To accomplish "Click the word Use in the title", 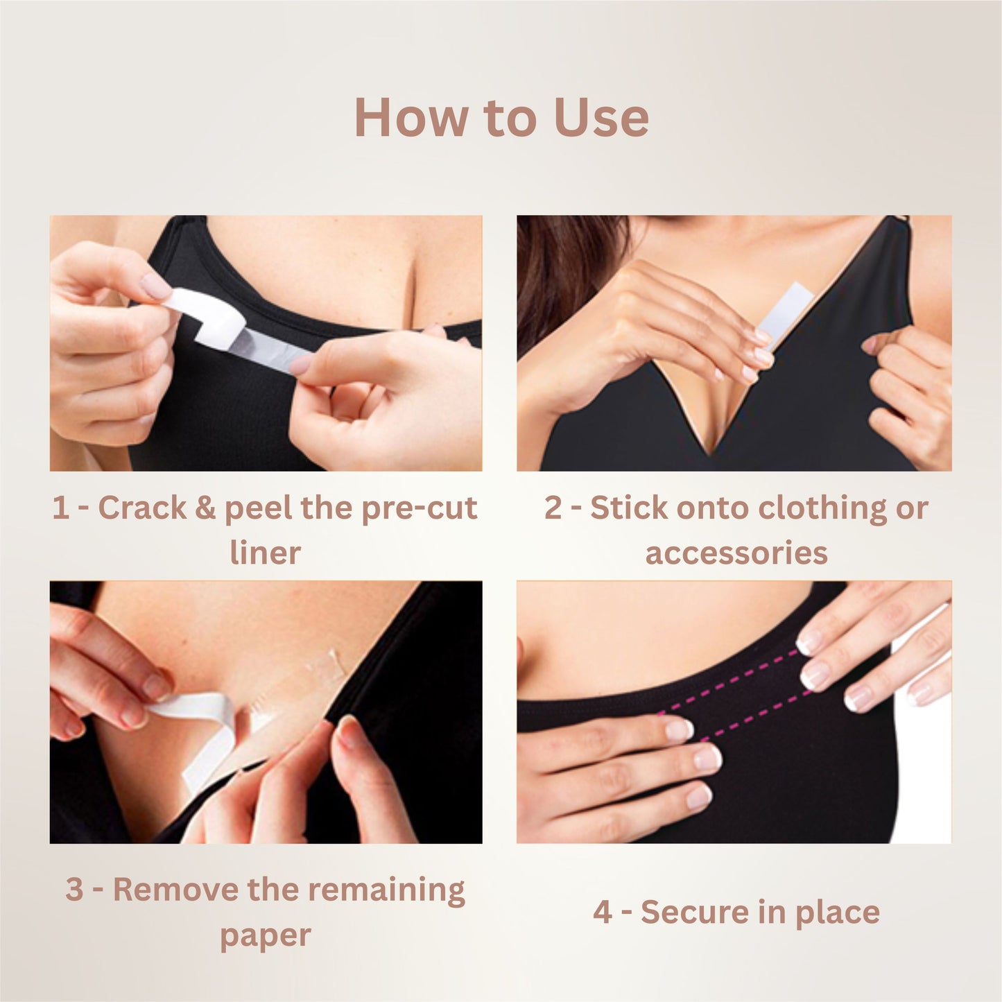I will coord(601,118).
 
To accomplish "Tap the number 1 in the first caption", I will coord(60,508).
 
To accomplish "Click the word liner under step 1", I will coord(266,553).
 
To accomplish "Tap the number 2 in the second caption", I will coord(553,508).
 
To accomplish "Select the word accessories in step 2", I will coord(736,553).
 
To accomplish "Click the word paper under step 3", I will coord(266,935).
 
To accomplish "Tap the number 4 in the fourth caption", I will coord(602,912).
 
